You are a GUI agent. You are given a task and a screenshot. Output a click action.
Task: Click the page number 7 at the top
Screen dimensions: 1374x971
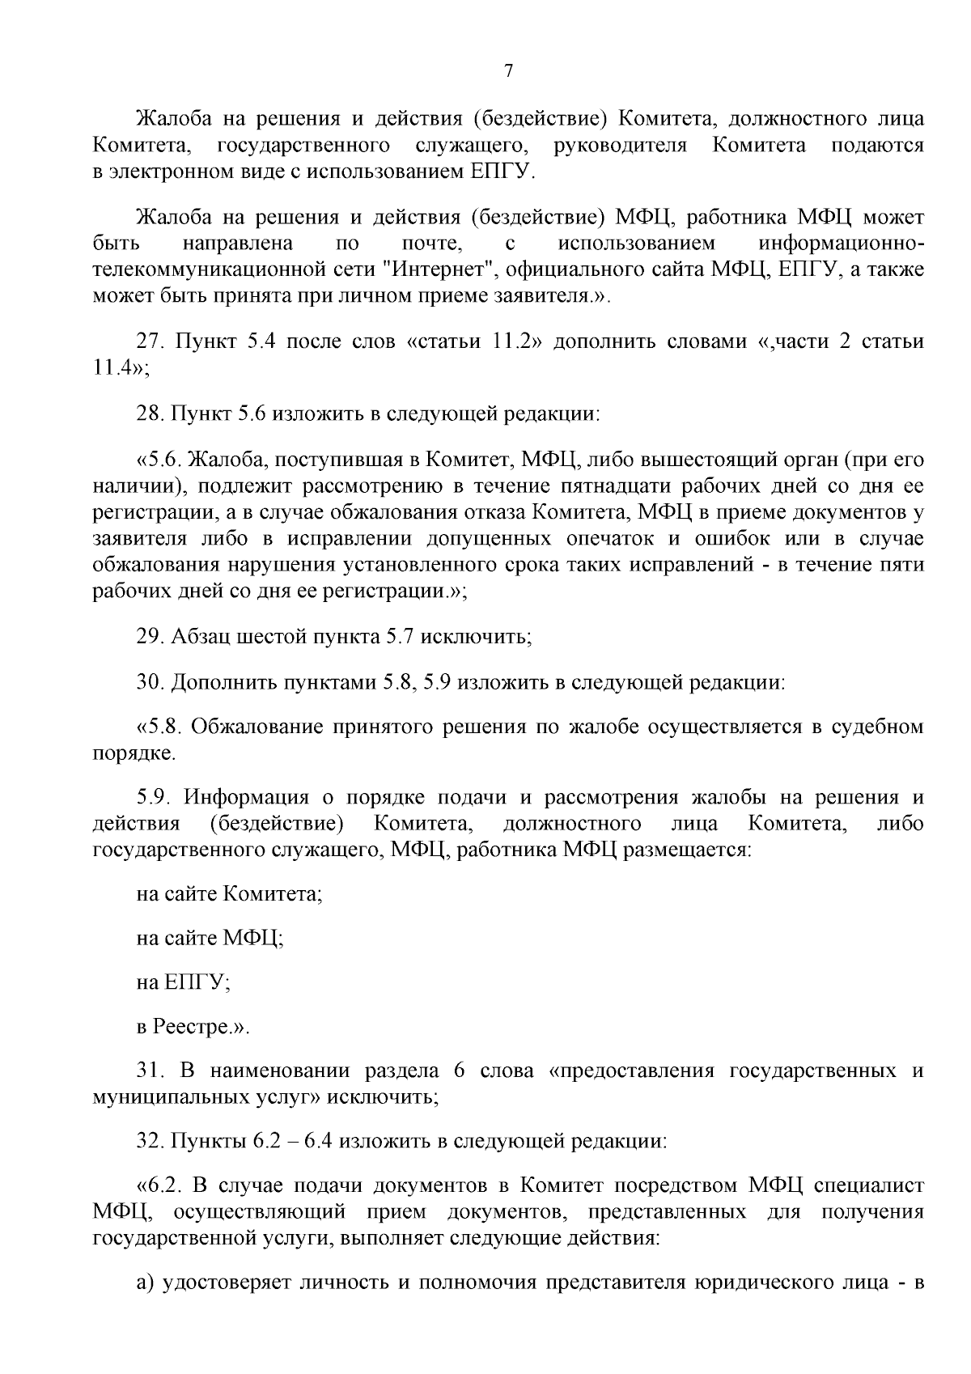click(x=508, y=71)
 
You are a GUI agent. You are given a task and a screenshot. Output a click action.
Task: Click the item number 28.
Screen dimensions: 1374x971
click(x=151, y=415)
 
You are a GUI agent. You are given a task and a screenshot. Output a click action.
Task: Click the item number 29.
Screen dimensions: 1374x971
click(x=151, y=637)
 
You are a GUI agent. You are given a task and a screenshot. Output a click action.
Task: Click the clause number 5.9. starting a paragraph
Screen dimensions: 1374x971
click(x=155, y=798)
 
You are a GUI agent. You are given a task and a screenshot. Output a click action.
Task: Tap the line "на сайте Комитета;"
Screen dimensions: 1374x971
click(x=230, y=894)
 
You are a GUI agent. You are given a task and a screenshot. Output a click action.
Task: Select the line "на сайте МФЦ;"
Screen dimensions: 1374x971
click(x=210, y=939)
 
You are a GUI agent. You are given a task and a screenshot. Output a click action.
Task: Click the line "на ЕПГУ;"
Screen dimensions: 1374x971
click(x=184, y=982)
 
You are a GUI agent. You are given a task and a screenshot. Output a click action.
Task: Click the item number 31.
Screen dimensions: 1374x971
click(x=151, y=1071)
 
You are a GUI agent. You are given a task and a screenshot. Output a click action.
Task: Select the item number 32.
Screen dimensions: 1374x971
click(x=151, y=1143)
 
